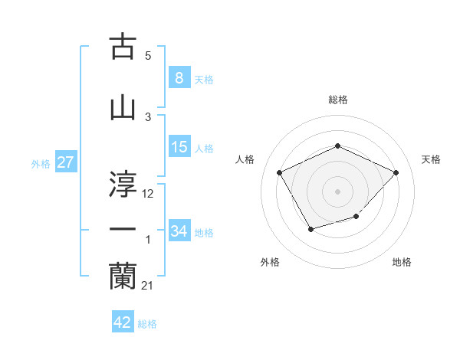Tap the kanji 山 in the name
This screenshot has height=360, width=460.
tap(123, 106)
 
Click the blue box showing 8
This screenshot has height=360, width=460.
tap(179, 77)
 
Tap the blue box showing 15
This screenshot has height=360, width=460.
tap(179, 147)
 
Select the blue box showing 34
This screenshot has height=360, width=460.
tap(179, 231)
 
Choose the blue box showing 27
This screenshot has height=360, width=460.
tap(65, 162)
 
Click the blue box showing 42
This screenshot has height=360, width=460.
tap(123, 322)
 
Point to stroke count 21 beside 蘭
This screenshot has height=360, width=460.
tap(148, 286)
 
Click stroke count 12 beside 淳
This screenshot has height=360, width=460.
tap(148, 194)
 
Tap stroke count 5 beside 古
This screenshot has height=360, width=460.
tap(148, 56)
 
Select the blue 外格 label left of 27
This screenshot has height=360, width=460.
tap(40, 163)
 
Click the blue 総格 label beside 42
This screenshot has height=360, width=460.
tap(147, 324)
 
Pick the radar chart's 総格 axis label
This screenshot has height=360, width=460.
tap(337, 100)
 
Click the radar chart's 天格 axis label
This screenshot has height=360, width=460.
tap(431, 159)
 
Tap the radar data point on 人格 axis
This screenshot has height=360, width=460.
tap(280, 172)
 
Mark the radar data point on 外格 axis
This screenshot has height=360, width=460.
tap(310, 229)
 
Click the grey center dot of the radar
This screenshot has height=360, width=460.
tap(337, 191)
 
